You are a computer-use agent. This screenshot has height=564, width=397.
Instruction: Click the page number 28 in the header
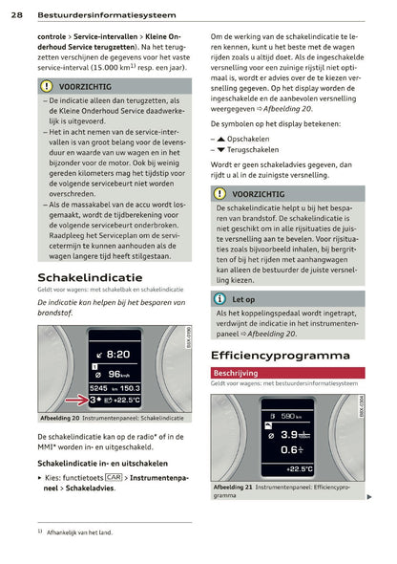tap(17, 15)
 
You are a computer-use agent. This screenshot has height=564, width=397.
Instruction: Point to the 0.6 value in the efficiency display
tap(283, 449)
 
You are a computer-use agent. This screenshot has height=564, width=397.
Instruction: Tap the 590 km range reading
tap(286, 416)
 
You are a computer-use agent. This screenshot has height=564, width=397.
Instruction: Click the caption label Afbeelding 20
tap(60, 419)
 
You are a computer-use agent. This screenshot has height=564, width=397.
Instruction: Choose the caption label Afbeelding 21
tap(233, 487)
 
